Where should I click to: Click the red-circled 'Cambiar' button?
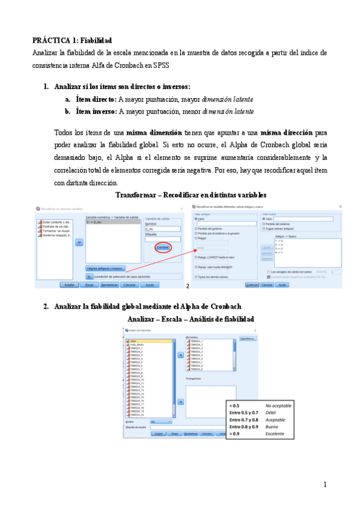point(163,247)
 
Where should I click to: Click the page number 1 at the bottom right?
point(325,484)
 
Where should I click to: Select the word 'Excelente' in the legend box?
point(278,434)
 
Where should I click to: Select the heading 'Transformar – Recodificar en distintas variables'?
point(191,195)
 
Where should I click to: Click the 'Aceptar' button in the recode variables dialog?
point(70,284)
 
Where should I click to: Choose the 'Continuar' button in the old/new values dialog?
point(252,284)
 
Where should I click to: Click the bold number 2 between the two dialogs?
point(188,286)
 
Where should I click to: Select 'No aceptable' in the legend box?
point(278,406)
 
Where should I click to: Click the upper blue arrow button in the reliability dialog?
point(180,354)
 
